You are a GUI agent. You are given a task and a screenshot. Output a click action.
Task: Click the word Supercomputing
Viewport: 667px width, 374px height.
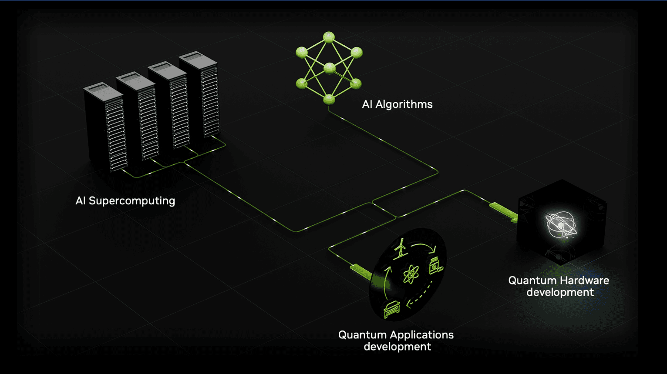click(x=132, y=201)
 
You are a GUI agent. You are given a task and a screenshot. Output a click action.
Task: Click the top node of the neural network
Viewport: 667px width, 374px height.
click(x=329, y=37)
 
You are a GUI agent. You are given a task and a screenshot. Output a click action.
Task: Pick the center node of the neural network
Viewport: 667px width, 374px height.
click(x=329, y=68)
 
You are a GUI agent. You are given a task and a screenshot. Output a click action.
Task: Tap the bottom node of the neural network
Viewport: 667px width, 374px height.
click(x=329, y=100)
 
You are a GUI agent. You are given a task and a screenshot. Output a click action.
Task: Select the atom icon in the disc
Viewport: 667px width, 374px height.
click(x=411, y=274)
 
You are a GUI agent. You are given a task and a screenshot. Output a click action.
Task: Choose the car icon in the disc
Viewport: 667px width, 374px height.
click(x=392, y=309)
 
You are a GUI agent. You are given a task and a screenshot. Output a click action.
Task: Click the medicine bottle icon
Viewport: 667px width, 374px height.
click(x=436, y=266)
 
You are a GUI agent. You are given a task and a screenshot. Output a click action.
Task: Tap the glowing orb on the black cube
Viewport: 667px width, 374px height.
click(x=561, y=225)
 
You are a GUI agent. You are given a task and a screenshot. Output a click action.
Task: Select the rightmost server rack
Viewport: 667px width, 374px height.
click(x=199, y=95)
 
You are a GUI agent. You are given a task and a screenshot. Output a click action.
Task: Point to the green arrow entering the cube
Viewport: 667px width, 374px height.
click(x=504, y=211)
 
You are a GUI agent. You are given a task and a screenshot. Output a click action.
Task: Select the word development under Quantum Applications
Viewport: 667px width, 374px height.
click(x=397, y=347)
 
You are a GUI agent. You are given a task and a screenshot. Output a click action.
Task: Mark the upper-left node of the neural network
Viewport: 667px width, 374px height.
click(x=302, y=52)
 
